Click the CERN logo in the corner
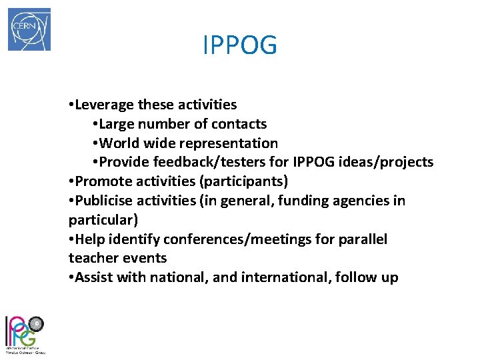click(29, 29)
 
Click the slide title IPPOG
click(239, 45)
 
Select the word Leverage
click(105, 105)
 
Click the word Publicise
click(104, 201)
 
